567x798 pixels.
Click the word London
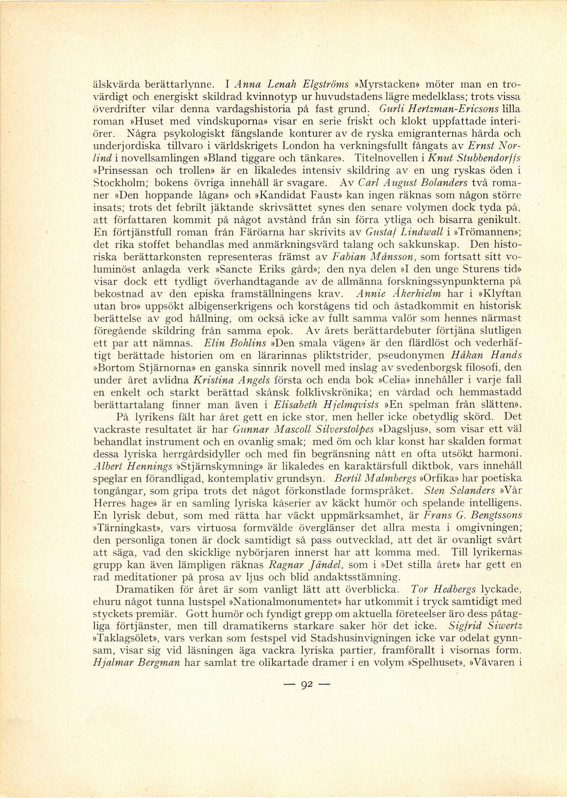pos(302,146)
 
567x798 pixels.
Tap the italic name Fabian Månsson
pos(381,256)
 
